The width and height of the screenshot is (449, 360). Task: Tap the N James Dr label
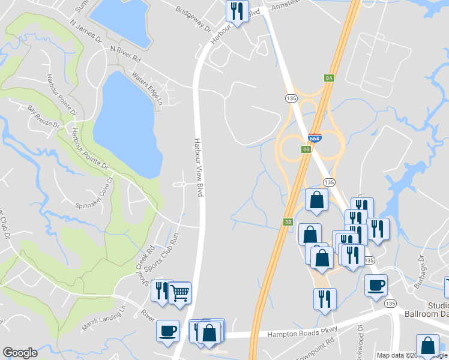[x=86, y=31]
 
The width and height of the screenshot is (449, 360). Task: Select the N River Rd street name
[x=125, y=55]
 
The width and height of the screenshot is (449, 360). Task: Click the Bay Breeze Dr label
[x=44, y=116]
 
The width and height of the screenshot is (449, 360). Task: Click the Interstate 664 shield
[x=315, y=137]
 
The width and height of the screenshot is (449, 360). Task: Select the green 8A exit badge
[x=328, y=77]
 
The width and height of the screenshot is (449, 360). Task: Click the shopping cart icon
[x=179, y=292]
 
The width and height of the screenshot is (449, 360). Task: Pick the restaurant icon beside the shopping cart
[x=161, y=291]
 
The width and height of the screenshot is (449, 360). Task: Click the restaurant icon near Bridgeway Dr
[x=237, y=11]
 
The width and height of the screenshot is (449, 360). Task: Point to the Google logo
[x=20, y=353]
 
